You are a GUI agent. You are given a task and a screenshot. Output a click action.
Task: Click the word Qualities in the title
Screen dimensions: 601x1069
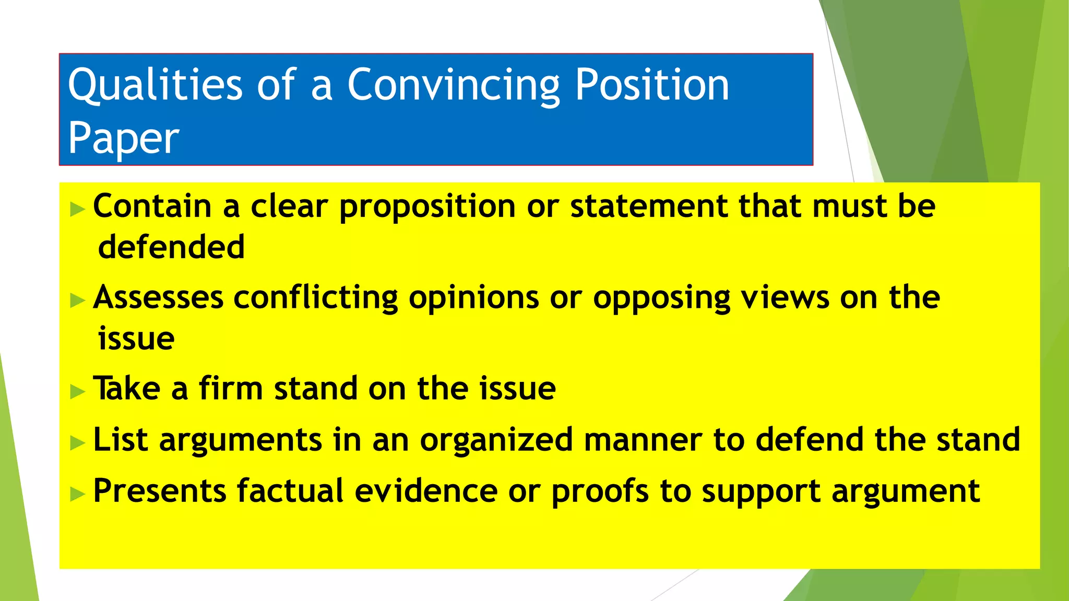(x=155, y=85)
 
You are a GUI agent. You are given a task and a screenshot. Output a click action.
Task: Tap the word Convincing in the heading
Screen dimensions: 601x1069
(x=453, y=85)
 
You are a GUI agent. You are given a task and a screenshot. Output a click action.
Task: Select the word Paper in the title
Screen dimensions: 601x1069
(x=124, y=138)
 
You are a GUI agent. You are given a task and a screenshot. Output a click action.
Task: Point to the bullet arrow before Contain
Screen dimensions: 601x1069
(x=77, y=210)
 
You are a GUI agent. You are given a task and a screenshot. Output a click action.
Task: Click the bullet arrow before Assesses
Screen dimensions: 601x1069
(x=77, y=300)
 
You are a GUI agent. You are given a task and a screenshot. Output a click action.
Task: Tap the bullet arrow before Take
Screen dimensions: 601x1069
(x=77, y=391)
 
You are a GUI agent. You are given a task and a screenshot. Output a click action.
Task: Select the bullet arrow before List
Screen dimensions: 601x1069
(x=77, y=443)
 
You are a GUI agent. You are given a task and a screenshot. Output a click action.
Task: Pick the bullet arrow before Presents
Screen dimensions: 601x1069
(x=77, y=494)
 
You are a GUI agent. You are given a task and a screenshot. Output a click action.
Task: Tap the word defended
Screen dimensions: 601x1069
(x=171, y=247)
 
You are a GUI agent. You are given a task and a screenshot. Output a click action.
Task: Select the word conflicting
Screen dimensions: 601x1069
(x=315, y=298)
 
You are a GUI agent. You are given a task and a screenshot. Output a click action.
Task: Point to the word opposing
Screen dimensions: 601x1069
(x=661, y=298)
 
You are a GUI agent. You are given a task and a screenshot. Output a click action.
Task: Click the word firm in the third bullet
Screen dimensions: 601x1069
(x=230, y=389)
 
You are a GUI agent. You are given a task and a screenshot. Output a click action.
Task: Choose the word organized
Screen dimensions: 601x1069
(x=496, y=440)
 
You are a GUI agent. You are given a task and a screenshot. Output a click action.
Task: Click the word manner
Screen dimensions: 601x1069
(x=643, y=440)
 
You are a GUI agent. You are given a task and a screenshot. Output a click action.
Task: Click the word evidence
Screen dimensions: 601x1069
(x=426, y=491)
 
